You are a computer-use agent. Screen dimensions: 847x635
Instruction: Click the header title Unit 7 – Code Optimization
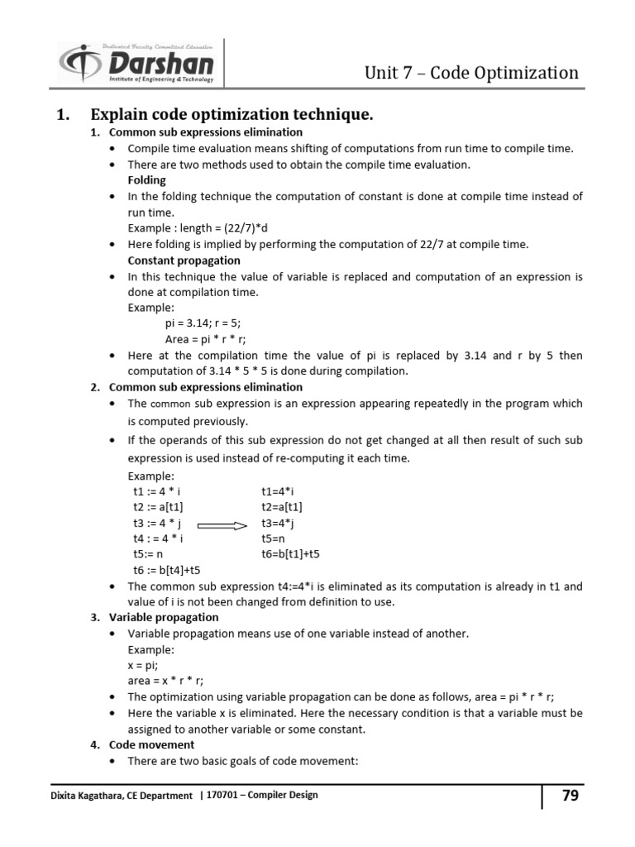pyautogui.click(x=471, y=73)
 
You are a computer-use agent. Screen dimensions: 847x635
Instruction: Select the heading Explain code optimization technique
pyautogui.click(x=232, y=115)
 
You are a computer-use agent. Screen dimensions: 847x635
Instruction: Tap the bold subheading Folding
pyautogui.click(x=146, y=179)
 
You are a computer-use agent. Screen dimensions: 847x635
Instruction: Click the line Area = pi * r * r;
pyautogui.click(x=206, y=339)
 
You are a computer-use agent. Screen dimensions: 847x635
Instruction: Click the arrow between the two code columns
pyautogui.click(x=222, y=525)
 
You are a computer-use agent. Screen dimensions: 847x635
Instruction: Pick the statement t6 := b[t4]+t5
pyautogui.click(x=166, y=570)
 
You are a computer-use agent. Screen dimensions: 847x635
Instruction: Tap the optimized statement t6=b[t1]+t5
pyautogui.click(x=290, y=553)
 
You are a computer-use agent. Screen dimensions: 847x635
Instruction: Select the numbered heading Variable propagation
pyautogui.click(x=164, y=617)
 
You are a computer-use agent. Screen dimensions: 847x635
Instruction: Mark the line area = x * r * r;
pyautogui.click(x=165, y=681)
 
